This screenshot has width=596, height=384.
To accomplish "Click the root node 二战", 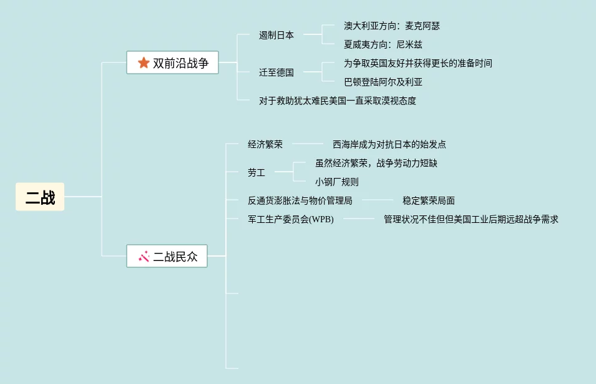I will [40, 197].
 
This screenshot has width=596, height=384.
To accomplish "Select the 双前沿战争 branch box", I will [173, 62].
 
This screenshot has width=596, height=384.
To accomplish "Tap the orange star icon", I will [144, 62].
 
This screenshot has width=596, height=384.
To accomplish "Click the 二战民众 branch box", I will [167, 256].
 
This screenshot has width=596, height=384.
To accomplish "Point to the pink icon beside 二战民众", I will [144, 256].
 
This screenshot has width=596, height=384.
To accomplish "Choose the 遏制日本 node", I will [276, 36].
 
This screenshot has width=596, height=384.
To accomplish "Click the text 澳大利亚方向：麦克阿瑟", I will [391, 26].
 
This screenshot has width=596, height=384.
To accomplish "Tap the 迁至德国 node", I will [276, 72].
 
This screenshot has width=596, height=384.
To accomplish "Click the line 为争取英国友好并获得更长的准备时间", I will [418, 63].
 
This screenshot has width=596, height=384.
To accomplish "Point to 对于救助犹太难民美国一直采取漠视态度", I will [337, 101].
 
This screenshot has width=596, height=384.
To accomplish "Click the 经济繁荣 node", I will [265, 144].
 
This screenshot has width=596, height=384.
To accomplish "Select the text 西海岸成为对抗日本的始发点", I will [389, 144].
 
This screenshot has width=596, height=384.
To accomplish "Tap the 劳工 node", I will [256, 172].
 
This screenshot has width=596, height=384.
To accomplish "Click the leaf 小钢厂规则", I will [337, 182].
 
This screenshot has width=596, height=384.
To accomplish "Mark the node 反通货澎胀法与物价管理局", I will [300, 200].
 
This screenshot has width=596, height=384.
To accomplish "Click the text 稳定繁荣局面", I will [429, 200].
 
